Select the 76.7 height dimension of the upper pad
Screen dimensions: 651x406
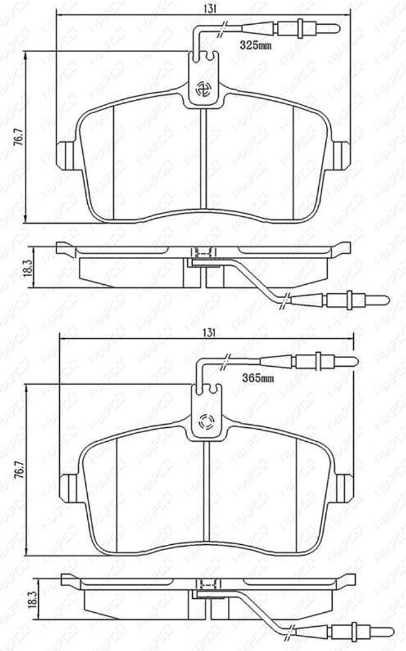18,137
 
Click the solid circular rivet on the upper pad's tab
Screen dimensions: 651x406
206,90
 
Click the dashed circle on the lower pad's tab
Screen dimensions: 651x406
207,422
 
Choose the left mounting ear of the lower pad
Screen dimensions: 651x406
69,488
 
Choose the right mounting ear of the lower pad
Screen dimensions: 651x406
344,488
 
